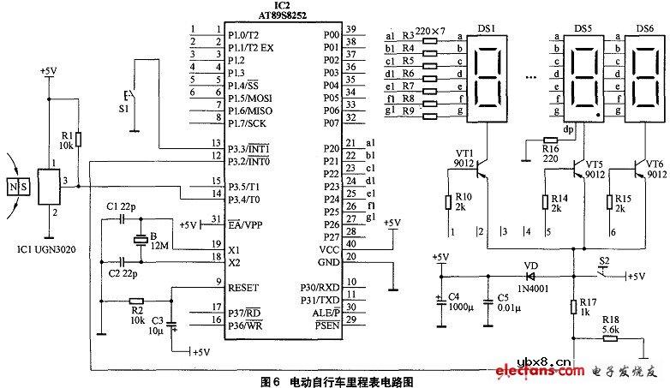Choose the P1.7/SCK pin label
(248, 123)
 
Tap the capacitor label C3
(155, 323)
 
